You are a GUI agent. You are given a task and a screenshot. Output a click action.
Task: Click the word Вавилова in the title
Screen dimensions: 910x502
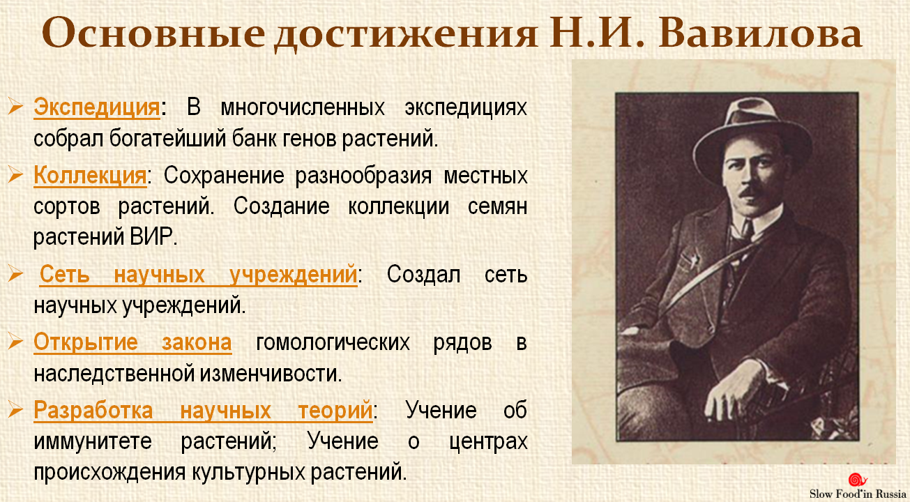(x=760, y=33)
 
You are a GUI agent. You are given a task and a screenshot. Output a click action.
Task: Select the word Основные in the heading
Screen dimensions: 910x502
(x=153, y=33)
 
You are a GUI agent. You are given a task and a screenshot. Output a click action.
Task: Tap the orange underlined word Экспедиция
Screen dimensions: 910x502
(x=97, y=107)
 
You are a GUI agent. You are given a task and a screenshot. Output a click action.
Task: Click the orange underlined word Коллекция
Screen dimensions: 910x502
(x=90, y=176)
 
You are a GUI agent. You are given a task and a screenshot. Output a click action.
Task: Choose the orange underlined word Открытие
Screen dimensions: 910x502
(x=86, y=342)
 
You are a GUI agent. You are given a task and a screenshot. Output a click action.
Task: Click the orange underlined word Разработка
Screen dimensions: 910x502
(x=93, y=410)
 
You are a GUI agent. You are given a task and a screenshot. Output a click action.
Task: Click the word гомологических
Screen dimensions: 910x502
(x=333, y=343)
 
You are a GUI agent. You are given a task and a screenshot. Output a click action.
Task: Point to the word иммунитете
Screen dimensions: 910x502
(x=93, y=441)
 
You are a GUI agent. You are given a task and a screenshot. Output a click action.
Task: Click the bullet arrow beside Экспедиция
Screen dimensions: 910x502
(x=15, y=107)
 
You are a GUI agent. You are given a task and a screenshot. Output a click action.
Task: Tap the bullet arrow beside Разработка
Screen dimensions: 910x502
(x=15, y=409)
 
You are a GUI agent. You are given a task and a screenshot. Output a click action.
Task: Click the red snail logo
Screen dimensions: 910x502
(x=857, y=480)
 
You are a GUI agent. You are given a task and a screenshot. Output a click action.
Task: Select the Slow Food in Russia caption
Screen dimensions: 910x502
(x=858, y=494)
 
